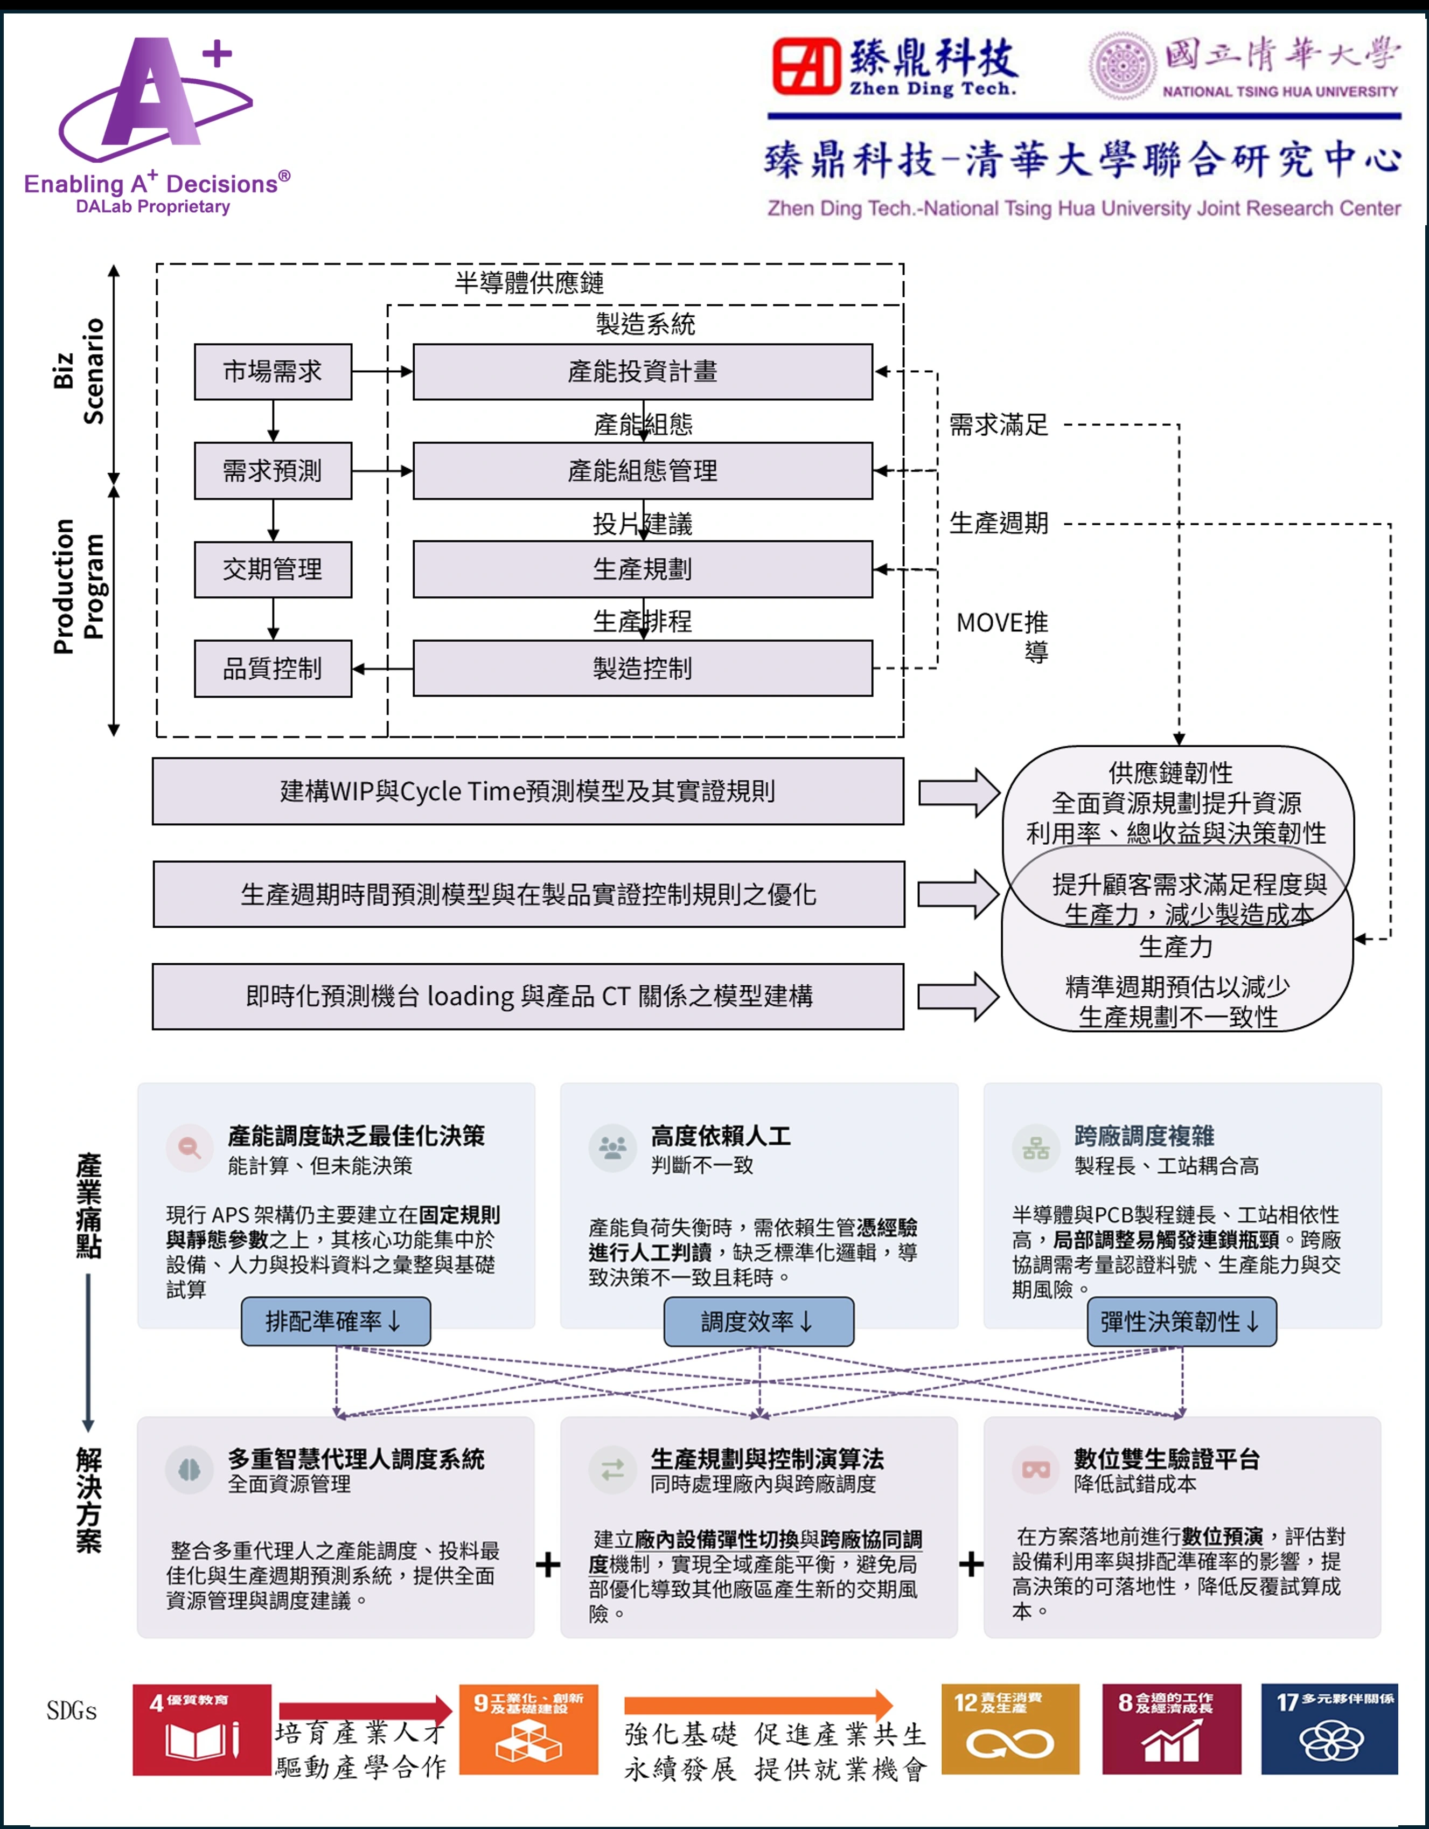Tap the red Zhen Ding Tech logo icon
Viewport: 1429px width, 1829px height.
pos(805,66)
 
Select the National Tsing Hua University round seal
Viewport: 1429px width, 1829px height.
pos(1122,66)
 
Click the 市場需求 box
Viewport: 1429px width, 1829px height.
pos(273,372)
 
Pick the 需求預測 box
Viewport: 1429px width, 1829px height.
pos(273,471)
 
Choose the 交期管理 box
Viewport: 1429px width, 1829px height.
pos(273,569)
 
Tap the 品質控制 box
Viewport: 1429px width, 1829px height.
pos(273,668)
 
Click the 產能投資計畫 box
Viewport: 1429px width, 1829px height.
pos(643,372)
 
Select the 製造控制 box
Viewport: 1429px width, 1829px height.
pos(643,668)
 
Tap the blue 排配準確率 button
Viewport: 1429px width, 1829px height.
pos(336,1322)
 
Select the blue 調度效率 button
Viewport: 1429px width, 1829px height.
pos(759,1322)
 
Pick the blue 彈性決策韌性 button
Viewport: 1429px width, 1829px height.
pos(1182,1322)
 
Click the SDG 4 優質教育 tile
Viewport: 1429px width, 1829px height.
pos(202,1729)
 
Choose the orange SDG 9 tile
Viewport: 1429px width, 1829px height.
pos(529,1729)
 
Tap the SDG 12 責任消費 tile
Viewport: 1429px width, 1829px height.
pos(1010,1729)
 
